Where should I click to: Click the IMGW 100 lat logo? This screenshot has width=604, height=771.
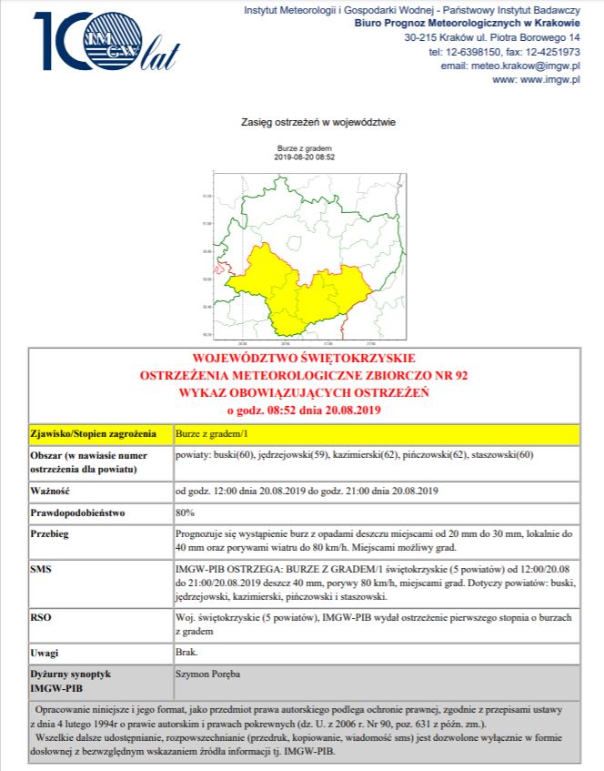click(105, 43)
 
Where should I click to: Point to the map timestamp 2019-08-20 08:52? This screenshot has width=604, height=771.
click(304, 157)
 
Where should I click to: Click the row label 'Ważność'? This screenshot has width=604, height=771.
click(50, 491)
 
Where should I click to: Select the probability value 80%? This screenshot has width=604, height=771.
click(186, 512)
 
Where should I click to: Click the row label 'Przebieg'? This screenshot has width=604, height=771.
click(51, 534)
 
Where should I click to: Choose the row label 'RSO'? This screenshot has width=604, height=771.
click(42, 617)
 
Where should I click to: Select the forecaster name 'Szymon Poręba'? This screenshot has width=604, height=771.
click(207, 675)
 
